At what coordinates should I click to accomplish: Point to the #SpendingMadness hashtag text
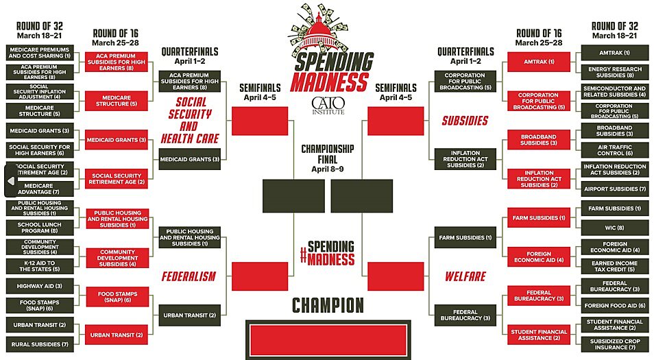pyautogui.click(x=328, y=252)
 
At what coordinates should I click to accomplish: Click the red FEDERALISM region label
pyautogui.click(x=189, y=277)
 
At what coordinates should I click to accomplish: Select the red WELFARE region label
pyautogui.click(x=465, y=277)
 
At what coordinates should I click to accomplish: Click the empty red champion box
pyautogui.click(x=328, y=339)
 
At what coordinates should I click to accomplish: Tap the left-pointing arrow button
pyautogui.click(x=11, y=181)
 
